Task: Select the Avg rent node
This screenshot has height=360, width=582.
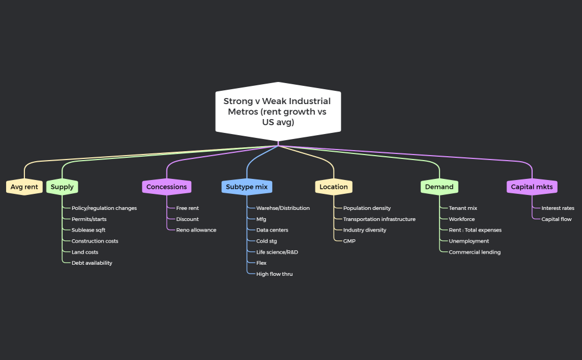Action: [24, 187]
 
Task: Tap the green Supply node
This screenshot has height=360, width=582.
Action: [62, 187]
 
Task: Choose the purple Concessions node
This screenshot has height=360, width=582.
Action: [166, 187]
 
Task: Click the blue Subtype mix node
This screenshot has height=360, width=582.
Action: [247, 187]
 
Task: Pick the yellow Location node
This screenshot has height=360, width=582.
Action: [334, 187]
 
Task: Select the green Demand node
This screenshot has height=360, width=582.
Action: [439, 187]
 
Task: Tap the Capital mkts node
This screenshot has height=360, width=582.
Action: [532, 187]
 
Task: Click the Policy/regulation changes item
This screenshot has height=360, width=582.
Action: [104, 208]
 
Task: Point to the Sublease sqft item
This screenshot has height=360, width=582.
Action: [88, 230]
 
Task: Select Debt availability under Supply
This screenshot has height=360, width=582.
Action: [91, 263]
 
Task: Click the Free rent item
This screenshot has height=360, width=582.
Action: [187, 208]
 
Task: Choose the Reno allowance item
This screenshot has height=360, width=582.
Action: [196, 230]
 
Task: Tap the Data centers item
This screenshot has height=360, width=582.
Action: [272, 230]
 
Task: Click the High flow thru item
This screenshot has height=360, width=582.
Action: [274, 274]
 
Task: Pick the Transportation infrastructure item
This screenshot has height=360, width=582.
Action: [379, 219]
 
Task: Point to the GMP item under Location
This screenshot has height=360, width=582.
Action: [349, 241]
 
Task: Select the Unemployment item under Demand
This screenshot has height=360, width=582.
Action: [469, 241]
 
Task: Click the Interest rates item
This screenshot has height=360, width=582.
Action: [558, 208]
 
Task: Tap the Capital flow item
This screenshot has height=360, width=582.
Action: [557, 219]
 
